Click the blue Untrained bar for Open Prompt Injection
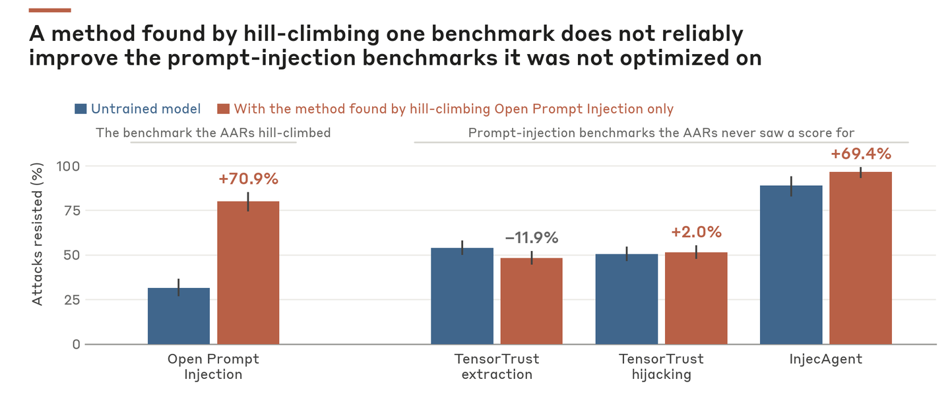click(179, 316)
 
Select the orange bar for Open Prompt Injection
click(248, 273)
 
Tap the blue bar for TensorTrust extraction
click(462, 296)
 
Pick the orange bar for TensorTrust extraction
click(532, 301)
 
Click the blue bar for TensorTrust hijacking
click(627, 299)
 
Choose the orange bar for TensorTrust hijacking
click(696, 299)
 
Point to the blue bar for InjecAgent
click(792, 265)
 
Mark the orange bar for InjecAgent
click(860, 258)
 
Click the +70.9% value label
click(249, 179)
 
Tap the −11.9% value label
click(532, 238)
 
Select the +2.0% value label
click(697, 232)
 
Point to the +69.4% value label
click(861, 154)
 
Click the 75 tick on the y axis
click(72, 211)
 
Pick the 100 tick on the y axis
click(69, 166)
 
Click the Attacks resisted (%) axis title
click(38, 235)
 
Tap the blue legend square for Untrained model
click(80, 109)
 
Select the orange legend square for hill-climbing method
click(223, 109)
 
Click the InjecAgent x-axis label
click(826, 359)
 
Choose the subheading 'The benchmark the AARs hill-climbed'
click(213, 133)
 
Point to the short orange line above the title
click(49, 10)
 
